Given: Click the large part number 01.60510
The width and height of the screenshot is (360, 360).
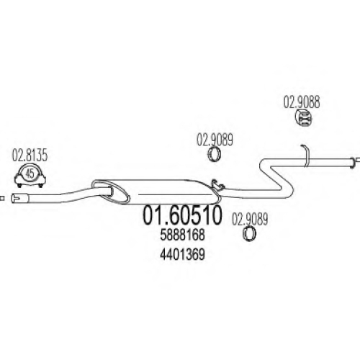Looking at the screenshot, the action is coord(182,215).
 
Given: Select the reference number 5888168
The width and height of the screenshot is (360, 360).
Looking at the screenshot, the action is coord(182,235).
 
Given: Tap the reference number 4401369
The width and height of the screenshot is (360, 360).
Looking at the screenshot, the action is coord(182,254).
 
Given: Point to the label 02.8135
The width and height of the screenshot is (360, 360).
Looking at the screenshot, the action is coord(30,156).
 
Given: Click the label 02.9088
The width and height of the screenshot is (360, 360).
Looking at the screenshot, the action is coord(302,102).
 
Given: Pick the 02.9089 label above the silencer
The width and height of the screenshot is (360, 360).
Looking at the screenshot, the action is coord(215,140).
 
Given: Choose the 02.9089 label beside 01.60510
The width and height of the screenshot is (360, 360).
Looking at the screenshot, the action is coord(250,220).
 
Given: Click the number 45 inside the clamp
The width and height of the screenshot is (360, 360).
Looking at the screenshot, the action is coord(30,174).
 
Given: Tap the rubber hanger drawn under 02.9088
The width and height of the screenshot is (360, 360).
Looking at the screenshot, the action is coord(302,118).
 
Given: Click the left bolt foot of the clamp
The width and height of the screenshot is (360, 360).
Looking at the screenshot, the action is coord(19,185).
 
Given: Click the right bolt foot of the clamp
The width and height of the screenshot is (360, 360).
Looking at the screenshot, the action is coord(41,185).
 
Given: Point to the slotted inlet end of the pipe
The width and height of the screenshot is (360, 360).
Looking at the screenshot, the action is coord(20,198).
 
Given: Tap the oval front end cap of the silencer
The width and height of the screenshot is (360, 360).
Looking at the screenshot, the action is coord(111,192).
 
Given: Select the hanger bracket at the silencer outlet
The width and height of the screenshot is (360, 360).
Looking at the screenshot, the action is coord(217,186).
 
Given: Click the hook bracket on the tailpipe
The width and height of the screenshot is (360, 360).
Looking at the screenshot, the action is coord(306,155).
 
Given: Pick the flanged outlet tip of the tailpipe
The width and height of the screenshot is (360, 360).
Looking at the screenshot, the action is coord(352,163).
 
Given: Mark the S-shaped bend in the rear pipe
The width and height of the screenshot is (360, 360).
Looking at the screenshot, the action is coord(276,179).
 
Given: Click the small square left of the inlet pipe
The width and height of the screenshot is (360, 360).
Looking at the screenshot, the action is coord(2,198).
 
